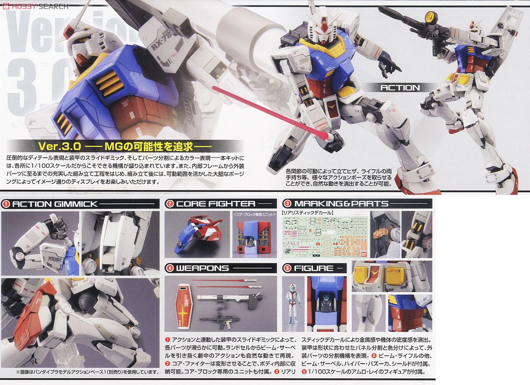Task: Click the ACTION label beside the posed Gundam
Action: coord(400,88)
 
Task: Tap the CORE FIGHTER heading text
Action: coord(216,204)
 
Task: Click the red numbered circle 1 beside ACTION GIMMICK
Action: coord(6,204)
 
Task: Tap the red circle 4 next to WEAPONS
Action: coord(169,268)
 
